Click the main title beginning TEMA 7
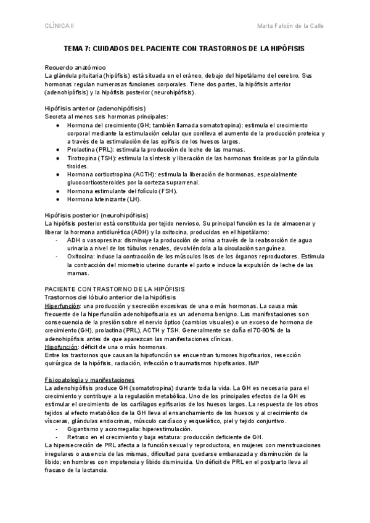[x=184, y=47]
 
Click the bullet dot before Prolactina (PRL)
[x=57, y=150]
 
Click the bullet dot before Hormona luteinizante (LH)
[x=57, y=199]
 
